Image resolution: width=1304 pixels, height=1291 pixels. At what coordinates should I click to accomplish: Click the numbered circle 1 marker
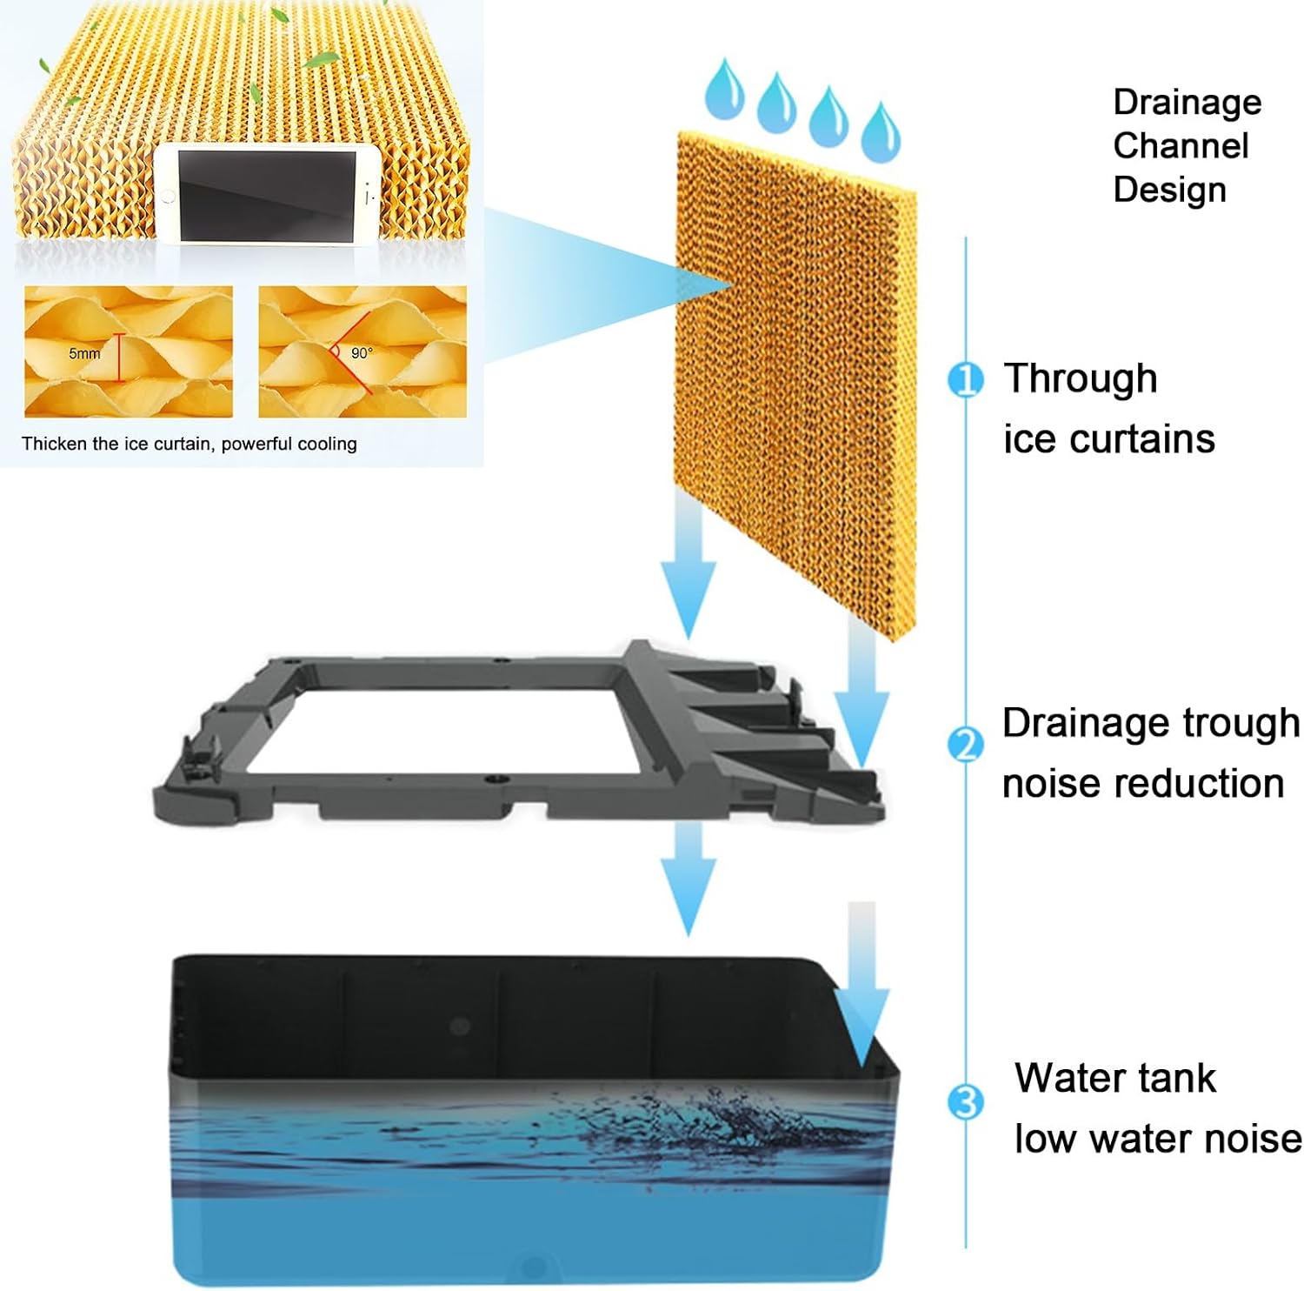[964, 380]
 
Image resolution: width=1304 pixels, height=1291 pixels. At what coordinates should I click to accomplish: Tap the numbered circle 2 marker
[964, 746]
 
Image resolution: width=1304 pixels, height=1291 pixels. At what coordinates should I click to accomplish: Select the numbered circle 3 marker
[964, 1102]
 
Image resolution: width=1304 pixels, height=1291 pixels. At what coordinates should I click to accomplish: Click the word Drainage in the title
[1187, 104]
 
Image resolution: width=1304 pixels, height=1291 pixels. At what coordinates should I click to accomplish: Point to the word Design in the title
[1169, 190]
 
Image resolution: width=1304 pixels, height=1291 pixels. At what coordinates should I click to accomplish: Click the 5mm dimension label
[84, 354]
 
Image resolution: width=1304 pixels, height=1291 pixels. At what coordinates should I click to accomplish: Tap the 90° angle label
[362, 353]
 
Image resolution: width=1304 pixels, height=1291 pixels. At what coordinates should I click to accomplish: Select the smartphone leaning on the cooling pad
[268, 194]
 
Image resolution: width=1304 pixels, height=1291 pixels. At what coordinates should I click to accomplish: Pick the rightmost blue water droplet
[880, 131]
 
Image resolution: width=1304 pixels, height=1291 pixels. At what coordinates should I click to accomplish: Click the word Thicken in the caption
[55, 444]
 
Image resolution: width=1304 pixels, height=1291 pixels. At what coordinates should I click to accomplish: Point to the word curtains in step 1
[1148, 439]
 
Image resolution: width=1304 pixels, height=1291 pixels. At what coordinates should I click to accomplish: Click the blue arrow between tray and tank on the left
[688, 879]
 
